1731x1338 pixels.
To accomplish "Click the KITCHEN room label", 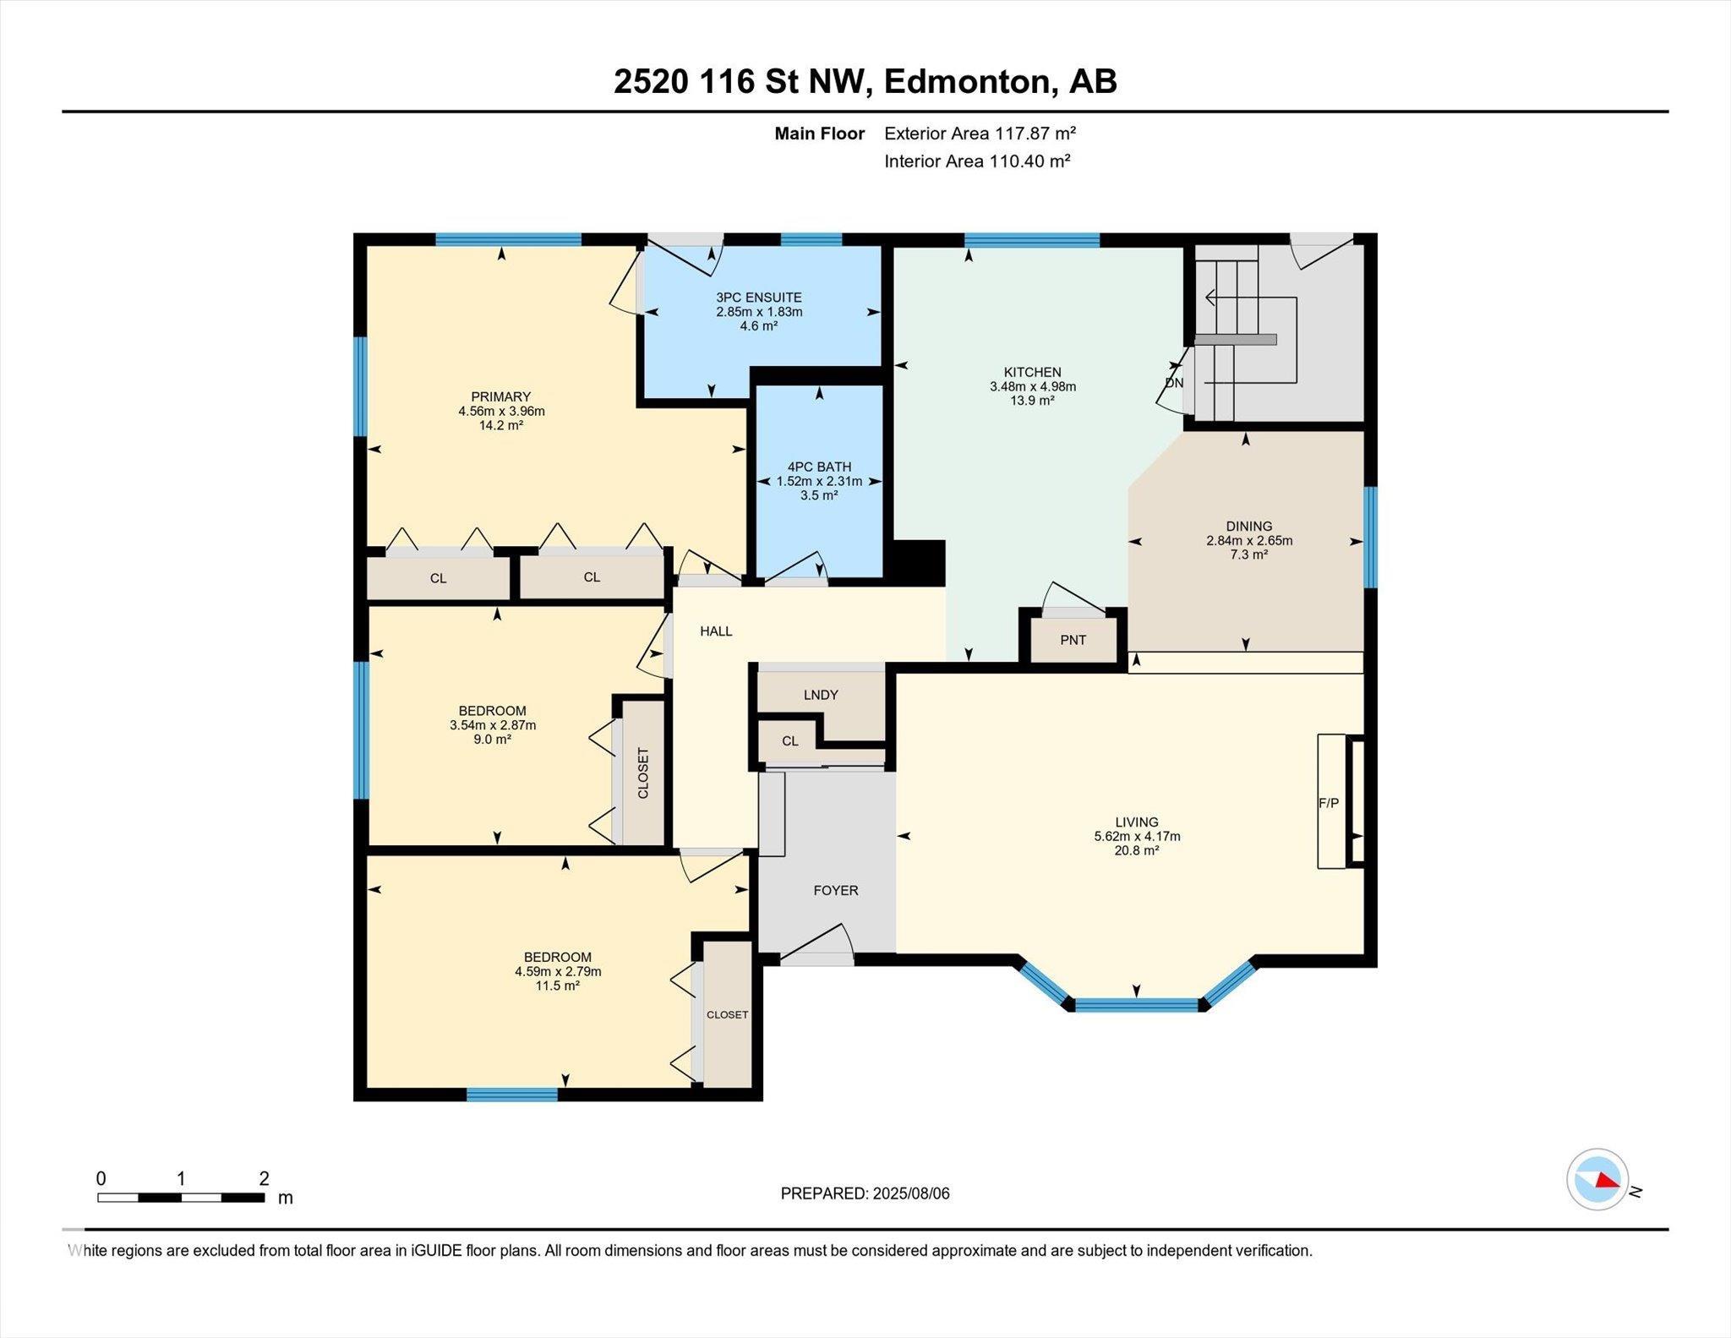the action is (x=1032, y=372).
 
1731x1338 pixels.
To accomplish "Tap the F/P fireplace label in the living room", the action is (x=1329, y=803).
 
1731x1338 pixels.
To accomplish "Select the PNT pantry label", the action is (x=1073, y=640).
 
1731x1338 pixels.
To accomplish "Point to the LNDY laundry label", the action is (x=821, y=695).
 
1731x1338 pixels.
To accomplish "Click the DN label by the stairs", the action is (x=1174, y=383).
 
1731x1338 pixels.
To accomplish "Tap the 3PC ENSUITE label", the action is (x=759, y=298).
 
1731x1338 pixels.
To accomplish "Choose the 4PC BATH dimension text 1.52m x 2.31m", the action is (x=819, y=481).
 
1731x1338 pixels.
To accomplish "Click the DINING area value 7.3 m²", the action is (x=1249, y=554).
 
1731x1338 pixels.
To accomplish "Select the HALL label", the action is (x=716, y=631).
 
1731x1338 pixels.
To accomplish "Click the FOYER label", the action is (x=836, y=890).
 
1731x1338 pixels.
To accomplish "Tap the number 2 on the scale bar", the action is (x=265, y=1178).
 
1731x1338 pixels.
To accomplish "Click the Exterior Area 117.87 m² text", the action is (x=980, y=133).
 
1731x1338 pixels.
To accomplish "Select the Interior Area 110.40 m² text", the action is (x=977, y=161).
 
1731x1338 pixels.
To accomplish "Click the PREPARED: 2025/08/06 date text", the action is (x=865, y=1193).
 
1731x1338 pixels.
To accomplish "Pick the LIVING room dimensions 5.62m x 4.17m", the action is (x=1137, y=836).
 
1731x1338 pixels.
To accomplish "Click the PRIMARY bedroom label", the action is (x=501, y=396).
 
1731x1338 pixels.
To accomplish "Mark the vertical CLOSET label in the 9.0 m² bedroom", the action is (x=643, y=773).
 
